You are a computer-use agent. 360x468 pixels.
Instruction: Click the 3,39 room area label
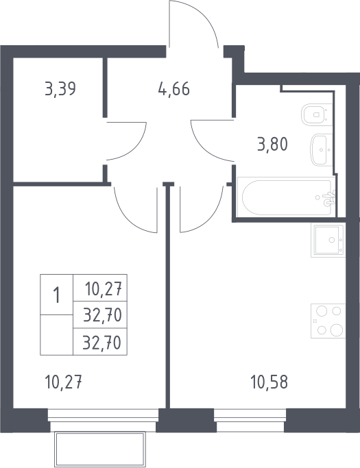tap(60, 88)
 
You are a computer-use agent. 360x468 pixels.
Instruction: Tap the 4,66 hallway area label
tap(174, 88)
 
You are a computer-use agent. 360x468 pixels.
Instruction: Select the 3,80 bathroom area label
tap(272, 145)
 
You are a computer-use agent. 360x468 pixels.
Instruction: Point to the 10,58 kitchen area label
tap(269, 382)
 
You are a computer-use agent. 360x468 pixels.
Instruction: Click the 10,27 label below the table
tap(63, 382)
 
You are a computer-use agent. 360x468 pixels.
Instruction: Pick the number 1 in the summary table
tap(56, 295)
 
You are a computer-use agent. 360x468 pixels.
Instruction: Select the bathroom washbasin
tap(322, 150)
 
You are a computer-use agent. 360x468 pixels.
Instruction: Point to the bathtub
tap(286, 197)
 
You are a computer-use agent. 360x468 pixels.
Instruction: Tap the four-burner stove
tap(328, 321)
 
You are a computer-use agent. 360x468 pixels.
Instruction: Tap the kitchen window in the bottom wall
tap(250, 420)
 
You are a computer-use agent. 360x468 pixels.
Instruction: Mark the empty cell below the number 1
tap(56, 335)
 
